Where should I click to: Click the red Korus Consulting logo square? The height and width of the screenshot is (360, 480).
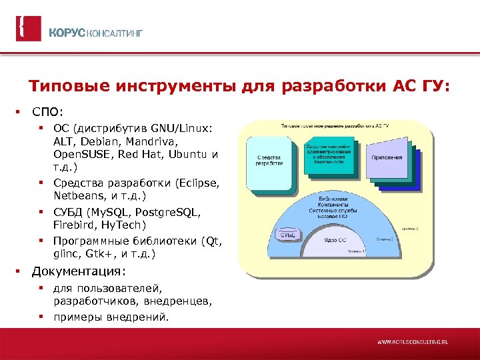point(29,29)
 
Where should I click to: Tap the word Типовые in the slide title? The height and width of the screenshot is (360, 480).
point(63,86)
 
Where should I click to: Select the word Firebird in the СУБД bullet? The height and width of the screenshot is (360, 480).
point(75,225)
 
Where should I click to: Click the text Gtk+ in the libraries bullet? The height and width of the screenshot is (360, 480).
point(99,254)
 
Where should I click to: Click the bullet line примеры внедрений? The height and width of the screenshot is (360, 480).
point(111,317)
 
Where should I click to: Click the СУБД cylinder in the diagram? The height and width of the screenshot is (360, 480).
point(288,235)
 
